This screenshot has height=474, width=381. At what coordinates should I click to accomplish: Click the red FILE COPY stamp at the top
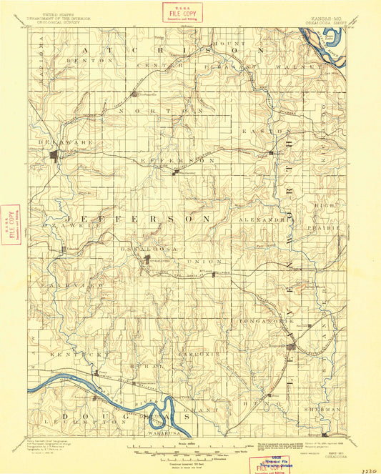tap(182, 12)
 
